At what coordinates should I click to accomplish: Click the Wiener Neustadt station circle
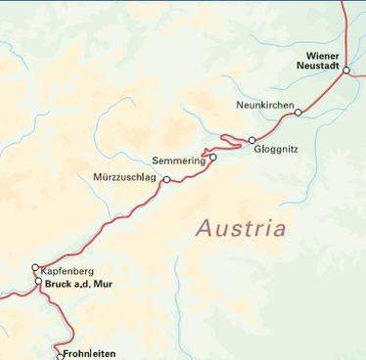(x=345, y=70)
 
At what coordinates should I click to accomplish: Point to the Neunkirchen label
(x=264, y=104)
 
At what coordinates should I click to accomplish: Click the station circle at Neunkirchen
(x=298, y=112)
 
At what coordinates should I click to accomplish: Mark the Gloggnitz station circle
(x=252, y=140)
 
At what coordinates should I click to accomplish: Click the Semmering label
(x=179, y=160)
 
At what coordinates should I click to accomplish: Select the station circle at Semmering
(x=212, y=157)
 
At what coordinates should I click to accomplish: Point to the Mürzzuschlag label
(x=124, y=178)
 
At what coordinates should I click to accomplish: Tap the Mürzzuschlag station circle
(x=166, y=180)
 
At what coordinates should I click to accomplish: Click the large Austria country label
(x=241, y=229)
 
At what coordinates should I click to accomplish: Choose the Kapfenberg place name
(x=67, y=270)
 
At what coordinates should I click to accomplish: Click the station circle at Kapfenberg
(x=35, y=267)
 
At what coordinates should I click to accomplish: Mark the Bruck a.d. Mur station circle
(x=39, y=283)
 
